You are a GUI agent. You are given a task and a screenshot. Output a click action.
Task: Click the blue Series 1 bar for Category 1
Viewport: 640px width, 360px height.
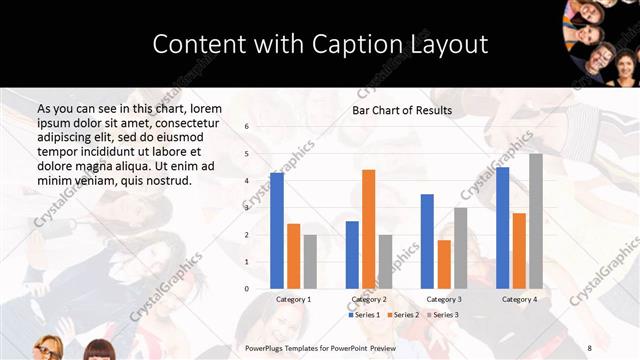click(x=277, y=231)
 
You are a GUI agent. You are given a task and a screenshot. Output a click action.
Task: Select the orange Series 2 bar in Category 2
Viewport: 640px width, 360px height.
click(x=369, y=229)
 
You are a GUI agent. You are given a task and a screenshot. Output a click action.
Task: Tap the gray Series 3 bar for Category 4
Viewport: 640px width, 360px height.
click(x=536, y=221)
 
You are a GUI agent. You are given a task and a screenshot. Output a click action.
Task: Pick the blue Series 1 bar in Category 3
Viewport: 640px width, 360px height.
click(x=427, y=241)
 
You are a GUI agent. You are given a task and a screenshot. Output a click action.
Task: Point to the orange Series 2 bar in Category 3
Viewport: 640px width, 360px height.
click(x=444, y=264)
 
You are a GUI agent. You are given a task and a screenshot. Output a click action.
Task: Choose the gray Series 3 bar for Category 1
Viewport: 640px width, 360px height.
click(x=311, y=261)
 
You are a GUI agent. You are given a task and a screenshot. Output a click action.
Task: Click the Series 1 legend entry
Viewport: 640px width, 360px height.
click(x=365, y=315)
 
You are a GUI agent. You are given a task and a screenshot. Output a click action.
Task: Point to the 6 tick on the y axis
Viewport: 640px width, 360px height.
click(x=246, y=127)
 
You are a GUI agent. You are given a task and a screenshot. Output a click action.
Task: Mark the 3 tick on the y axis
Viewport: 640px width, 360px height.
click(x=246, y=208)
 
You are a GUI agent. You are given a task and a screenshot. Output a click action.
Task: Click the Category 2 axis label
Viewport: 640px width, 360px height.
click(x=369, y=299)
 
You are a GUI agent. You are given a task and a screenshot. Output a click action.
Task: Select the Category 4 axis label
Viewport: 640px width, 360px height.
click(x=519, y=299)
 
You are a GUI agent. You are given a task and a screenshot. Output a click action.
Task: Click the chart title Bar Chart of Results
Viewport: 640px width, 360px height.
click(x=402, y=110)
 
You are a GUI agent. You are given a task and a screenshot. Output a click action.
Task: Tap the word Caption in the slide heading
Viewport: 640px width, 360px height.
click(x=362, y=44)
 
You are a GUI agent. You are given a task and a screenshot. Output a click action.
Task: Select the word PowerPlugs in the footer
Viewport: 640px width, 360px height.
click(x=267, y=347)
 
